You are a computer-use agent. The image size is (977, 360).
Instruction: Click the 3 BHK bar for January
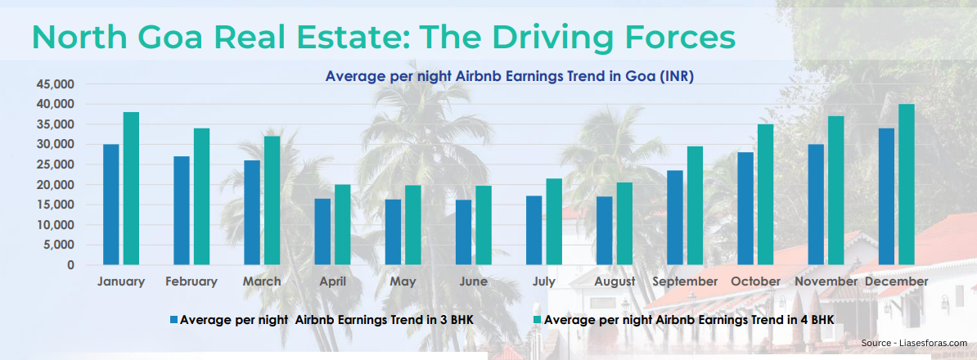(110, 205)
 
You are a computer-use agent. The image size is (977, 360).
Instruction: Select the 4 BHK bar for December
(907, 184)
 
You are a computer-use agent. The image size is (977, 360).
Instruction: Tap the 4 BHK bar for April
(342, 224)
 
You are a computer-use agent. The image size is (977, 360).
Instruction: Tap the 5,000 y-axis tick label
(58, 245)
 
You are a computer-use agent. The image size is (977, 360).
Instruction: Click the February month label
(191, 281)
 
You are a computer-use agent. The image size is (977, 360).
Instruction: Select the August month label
(615, 281)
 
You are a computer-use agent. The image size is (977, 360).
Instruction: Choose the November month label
(826, 281)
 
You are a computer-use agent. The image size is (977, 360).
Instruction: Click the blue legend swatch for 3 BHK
(173, 320)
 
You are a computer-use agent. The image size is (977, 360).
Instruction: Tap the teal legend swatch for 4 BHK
(538, 320)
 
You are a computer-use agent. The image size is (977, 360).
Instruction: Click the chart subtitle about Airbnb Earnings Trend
(509, 76)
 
